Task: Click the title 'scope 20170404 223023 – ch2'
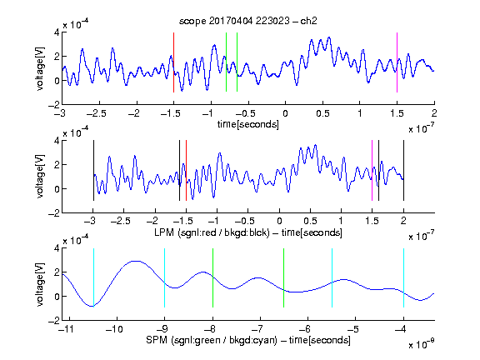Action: pos(248,21)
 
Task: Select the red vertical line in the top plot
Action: pos(173,62)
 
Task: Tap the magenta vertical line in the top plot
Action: pos(397,62)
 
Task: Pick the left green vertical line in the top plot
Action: pos(226,62)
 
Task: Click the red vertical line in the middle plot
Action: pos(186,171)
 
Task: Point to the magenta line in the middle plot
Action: pos(372,171)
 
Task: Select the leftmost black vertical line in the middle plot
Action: pos(93,171)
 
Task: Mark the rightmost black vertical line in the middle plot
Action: pos(403,171)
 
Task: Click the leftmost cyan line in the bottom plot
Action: pos(93,277)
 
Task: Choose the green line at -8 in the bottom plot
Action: pos(212,277)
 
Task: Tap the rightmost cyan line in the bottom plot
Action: pos(403,277)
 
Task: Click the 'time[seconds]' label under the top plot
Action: pos(248,124)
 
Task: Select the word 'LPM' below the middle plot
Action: pos(164,232)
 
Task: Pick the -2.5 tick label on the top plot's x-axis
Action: pos(96,113)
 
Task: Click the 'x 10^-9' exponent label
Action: pos(421,344)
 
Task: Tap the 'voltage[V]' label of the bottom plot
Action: pos(40,284)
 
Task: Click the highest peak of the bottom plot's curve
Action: pos(135,261)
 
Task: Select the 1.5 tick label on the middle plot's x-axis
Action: pos(372,221)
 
